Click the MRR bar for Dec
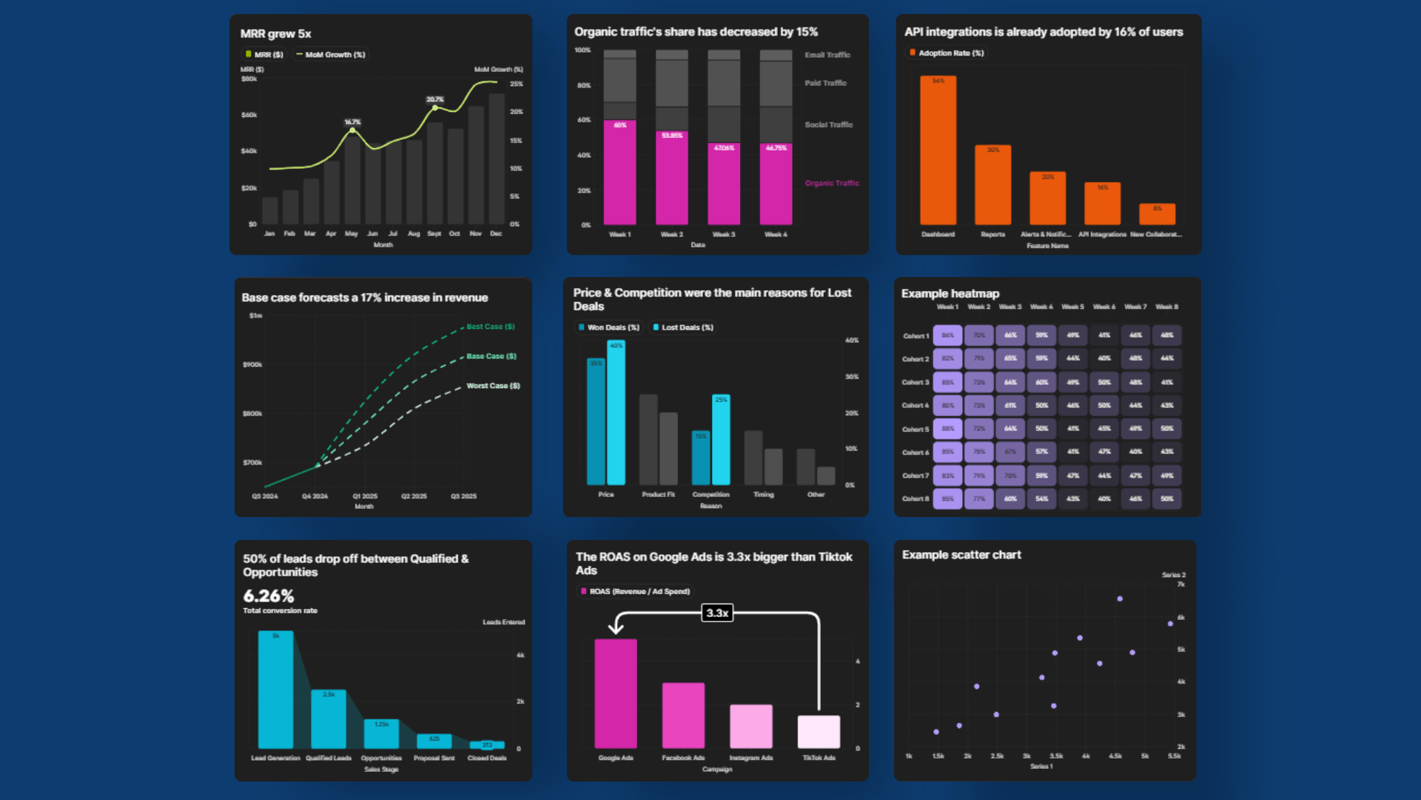pos(497,159)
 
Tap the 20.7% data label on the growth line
pos(435,99)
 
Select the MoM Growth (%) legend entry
pos(331,55)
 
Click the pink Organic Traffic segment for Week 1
pos(619,174)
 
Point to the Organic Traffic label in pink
pos(832,183)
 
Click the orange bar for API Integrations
pos(1102,204)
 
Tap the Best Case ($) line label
pos(491,327)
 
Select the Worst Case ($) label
pos(493,386)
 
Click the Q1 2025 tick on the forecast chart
pos(365,496)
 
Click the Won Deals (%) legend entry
pos(608,327)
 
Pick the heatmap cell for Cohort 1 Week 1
pos(947,336)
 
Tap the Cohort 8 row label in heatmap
pos(915,499)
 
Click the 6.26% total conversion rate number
pos(269,596)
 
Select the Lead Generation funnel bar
pos(275,690)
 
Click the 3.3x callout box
pos(717,613)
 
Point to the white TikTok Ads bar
pos(819,732)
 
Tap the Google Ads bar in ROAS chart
pos(615,693)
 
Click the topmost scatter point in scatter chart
pos(1120,599)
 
